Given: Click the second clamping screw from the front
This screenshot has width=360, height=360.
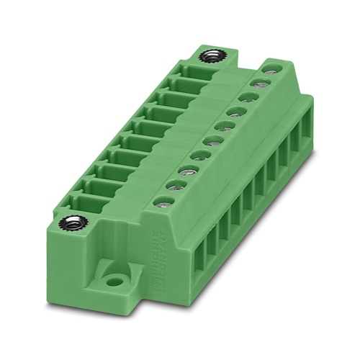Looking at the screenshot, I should point(174,185).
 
